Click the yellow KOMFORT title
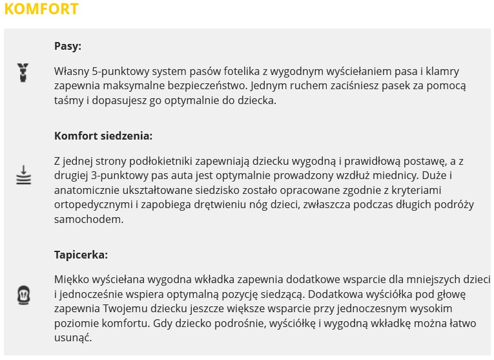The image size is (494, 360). (41, 9)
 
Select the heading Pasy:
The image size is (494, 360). (67, 47)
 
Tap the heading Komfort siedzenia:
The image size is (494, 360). (103, 136)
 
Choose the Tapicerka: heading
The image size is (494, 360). (81, 255)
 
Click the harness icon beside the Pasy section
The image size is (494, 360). (23, 72)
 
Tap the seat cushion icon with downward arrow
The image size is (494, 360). (23, 175)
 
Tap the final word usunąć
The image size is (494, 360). (74, 339)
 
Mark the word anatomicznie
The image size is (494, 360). (87, 190)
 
